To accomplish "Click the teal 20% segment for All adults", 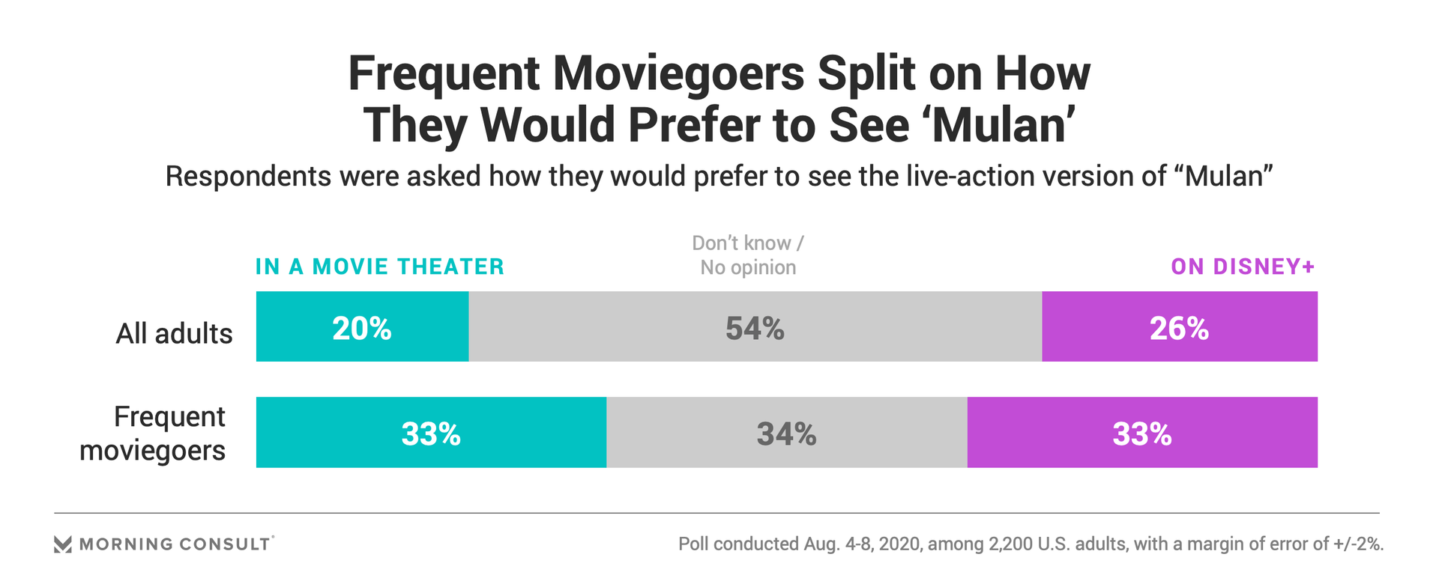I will point(362,327).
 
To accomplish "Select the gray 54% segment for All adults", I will point(755,327).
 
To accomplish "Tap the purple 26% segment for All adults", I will point(1179,327).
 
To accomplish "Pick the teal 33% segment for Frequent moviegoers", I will point(431,433).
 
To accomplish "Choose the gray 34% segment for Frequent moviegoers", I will point(786,433).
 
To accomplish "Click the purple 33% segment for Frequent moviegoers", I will point(1142,433).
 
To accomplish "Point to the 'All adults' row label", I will point(174,333).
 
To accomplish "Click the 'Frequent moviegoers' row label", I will point(153,433).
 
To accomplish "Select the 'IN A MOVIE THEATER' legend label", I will point(380,267).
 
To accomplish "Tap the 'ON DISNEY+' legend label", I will point(1243,267).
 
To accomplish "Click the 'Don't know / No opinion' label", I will point(748,255).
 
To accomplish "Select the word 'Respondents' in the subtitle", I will point(247,177).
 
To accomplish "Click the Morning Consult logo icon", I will point(63,544).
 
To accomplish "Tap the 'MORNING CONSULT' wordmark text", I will point(175,544).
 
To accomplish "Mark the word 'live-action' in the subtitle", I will point(979,177).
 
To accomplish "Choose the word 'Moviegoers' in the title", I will point(678,74).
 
